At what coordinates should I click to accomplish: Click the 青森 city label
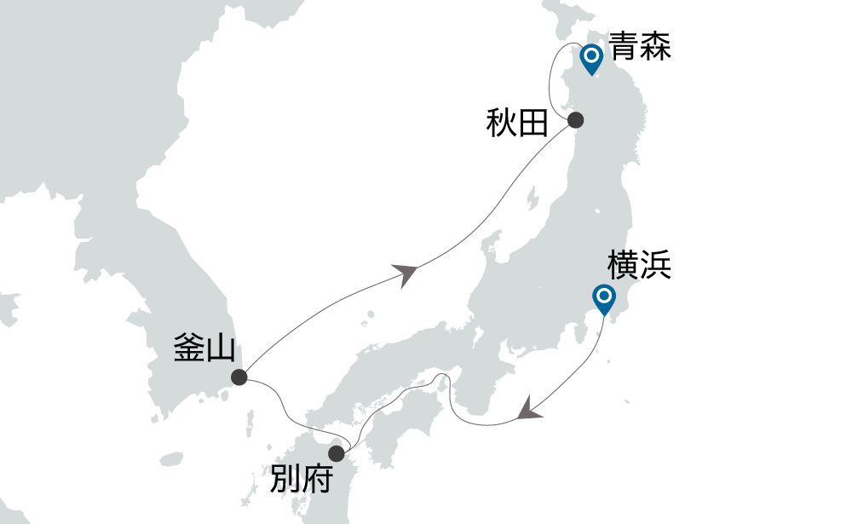pyautogui.click(x=640, y=46)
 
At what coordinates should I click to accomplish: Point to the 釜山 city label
pyautogui.click(x=204, y=348)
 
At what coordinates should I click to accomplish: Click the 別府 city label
pyautogui.click(x=300, y=481)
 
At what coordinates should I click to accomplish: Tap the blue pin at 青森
pyautogui.click(x=590, y=59)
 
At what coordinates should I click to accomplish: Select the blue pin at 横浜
pyautogui.click(x=604, y=298)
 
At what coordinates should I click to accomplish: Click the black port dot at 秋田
pyautogui.click(x=575, y=120)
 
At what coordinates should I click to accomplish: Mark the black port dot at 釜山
pyautogui.click(x=239, y=377)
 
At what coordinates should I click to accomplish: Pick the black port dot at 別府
pyautogui.click(x=337, y=453)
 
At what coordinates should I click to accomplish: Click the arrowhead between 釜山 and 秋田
pyautogui.click(x=407, y=273)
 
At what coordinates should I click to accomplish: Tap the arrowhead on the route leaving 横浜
pyautogui.click(x=530, y=409)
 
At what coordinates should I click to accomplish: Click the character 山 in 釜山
pyautogui.click(x=221, y=348)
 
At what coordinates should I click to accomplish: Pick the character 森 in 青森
pyautogui.click(x=656, y=46)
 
